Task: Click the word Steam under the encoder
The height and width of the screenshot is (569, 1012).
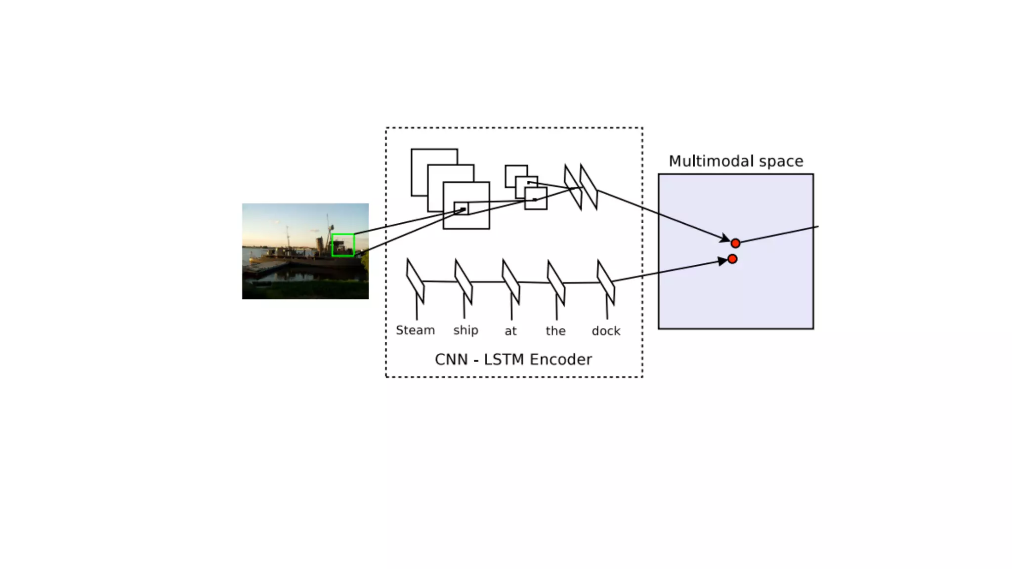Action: pos(415,330)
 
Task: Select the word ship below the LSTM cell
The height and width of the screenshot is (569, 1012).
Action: pos(465,330)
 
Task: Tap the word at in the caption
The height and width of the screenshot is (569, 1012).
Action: pos(510,331)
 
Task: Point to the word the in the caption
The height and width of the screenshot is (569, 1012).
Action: pos(555,330)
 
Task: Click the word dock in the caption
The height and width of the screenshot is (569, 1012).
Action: pos(606,330)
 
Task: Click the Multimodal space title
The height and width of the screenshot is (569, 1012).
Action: pos(736,161)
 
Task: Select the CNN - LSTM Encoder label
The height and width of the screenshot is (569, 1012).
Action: pos(513,359)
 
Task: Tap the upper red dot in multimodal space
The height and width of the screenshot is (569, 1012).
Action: pos(735,243)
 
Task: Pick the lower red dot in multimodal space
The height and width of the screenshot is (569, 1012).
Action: pos(732,259)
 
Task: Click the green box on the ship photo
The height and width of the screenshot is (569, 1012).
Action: pos(343,245)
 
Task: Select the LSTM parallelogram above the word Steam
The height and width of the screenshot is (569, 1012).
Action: pos(415,281)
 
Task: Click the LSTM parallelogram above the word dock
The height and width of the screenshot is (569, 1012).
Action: pos(606,282)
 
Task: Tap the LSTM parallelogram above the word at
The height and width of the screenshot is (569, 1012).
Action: pos(511,282)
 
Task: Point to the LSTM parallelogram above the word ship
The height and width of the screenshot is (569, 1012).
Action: pos(464,282)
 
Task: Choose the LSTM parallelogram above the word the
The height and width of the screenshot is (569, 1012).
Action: pos(556,283)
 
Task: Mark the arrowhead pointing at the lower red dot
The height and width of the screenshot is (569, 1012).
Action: pos(722,261)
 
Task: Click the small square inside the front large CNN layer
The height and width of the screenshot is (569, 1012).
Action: pos(461,208)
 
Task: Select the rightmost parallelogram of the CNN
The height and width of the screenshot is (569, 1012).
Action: pos(589,187)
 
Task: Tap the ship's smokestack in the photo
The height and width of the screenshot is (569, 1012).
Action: pos(320,244)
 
